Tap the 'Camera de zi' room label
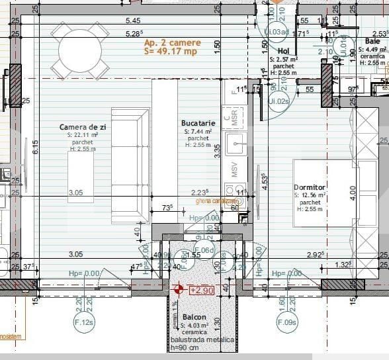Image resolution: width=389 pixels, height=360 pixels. click(83, 126)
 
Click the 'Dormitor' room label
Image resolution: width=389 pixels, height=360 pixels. click(309, 187)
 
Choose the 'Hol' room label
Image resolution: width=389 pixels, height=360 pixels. click(284, 50)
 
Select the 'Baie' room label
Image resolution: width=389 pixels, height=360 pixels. click(372, 41)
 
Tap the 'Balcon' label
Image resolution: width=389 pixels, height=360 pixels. click(194, 317)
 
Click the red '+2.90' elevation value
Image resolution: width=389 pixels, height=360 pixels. click(202, 290)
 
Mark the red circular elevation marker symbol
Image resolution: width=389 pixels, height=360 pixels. click(177, 289)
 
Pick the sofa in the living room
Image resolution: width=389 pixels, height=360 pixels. click(130, 165)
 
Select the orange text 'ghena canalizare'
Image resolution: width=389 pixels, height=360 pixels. click(216, 201)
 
